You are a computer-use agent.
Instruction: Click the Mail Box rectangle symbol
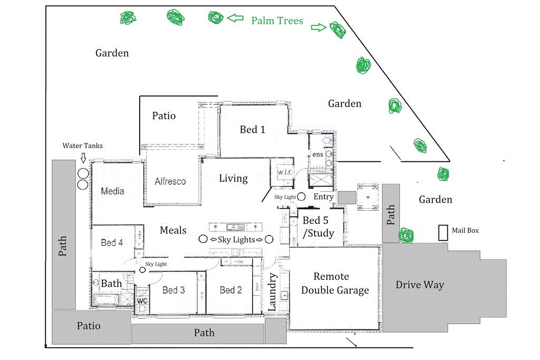point(443,232)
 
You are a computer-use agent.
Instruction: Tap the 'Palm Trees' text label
point(277,21)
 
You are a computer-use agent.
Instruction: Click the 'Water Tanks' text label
point(83,145)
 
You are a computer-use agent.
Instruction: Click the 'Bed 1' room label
point(253,129)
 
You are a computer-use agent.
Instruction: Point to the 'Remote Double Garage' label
point(335,283)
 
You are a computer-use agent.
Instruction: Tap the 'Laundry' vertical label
point(273,292)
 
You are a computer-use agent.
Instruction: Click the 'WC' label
point(142,301)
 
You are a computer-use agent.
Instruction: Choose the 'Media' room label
point(112,191)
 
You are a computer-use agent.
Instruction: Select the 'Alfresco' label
point(170,181)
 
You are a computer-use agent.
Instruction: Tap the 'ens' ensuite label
point(317,154)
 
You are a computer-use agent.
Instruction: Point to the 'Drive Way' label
point(420,285)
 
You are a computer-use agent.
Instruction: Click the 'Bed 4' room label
point(112,242)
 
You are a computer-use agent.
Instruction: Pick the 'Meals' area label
point(173,230)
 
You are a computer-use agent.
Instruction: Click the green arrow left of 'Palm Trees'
point(235,18)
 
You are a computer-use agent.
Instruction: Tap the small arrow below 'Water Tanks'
point(83,158)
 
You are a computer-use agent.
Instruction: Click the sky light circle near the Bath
point(142,270)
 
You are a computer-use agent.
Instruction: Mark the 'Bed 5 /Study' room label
point(318,227)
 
